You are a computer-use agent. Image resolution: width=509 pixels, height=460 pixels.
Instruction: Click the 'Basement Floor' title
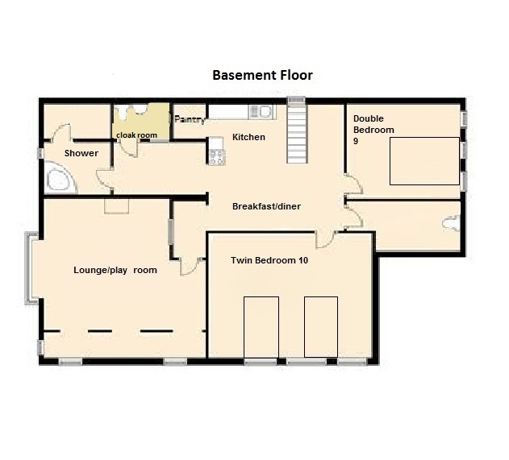(x=262, y=75)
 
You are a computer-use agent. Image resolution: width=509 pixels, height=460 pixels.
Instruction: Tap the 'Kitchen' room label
(x=248, y=137)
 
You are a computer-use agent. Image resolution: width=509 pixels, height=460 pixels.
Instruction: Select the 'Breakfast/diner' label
(x=266, y=206)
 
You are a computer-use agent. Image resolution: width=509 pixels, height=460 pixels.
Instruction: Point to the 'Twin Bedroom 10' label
(x=269, y=260)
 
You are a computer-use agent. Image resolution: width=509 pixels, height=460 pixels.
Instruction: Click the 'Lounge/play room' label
(x=115, y=270)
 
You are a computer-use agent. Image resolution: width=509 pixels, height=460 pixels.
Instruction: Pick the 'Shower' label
(x=81, y=153)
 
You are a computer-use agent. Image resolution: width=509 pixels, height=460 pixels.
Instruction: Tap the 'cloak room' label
(x=136, y=135)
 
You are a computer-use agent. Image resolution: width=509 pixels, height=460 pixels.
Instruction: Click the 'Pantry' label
(x=190, y=119)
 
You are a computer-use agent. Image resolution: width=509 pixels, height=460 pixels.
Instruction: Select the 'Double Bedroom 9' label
(x=373, y=130)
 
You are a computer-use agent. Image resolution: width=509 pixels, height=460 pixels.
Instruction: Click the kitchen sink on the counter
(x=261, y=111)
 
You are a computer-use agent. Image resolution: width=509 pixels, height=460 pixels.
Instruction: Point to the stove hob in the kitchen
(x=216, y=157)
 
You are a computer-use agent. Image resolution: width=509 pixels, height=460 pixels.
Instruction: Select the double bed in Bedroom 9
(x=424, y=161)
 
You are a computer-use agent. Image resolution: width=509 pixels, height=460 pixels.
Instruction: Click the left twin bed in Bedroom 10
(x=261, y=327)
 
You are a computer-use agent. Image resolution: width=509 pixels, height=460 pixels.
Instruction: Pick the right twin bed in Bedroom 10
(x=321, y=327)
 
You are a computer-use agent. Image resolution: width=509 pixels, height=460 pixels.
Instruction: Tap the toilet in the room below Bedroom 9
(x=452, y=223)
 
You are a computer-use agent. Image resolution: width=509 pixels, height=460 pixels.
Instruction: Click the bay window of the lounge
(x=31, y=268)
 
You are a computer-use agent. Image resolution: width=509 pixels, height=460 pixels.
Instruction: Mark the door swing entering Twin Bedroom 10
(x=325, y=240)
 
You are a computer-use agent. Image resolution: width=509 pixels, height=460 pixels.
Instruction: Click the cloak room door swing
(x=129, y=149)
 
